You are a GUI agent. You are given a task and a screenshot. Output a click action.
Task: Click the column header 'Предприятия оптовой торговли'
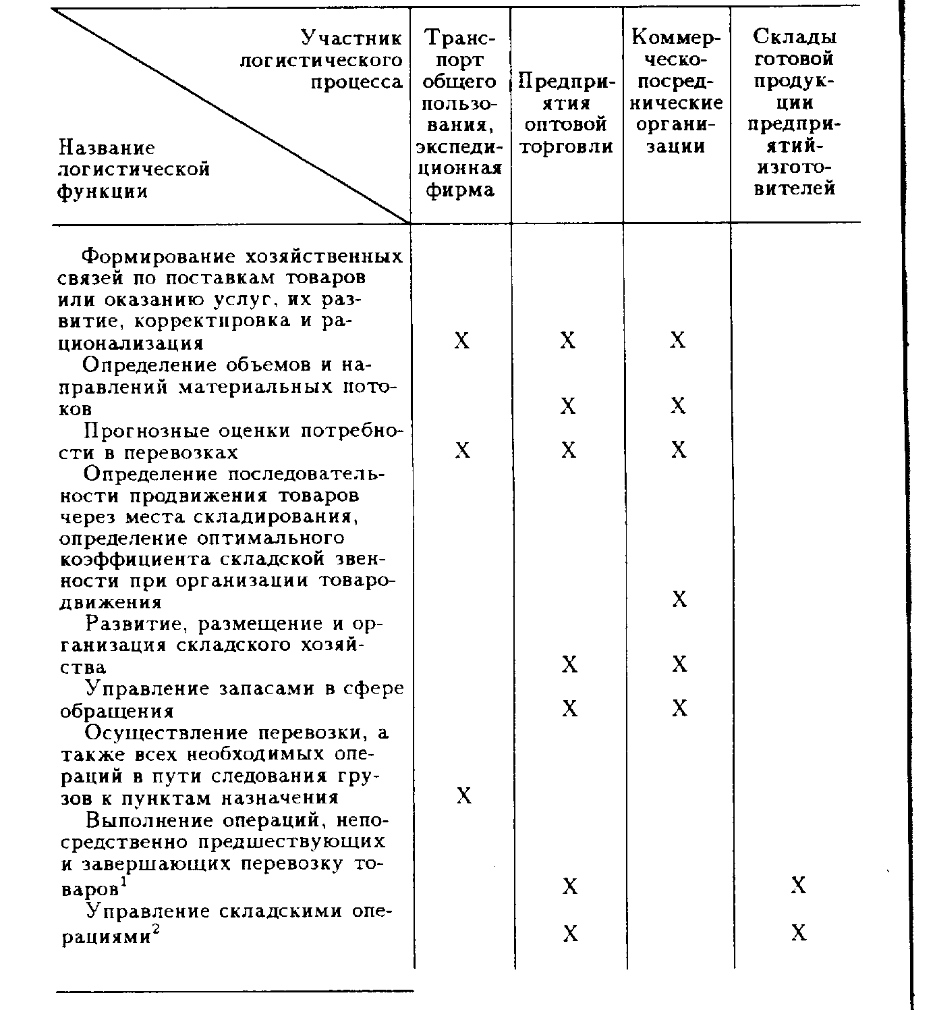(567, 114)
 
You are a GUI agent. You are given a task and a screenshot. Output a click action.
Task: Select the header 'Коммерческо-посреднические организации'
(677, 92)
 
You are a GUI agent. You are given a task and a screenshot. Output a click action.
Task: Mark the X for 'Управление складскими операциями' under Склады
(799, 934)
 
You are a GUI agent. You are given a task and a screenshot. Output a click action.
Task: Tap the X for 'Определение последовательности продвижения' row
(679, 600)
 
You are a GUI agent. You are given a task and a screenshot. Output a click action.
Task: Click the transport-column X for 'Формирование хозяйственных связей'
(462, 340)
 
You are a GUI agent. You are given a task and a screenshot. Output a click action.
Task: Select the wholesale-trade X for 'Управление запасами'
(570, 709)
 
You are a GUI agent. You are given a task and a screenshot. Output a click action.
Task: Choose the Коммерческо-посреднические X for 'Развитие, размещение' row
(679, 665)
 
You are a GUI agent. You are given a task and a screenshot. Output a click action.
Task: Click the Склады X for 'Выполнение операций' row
(799, 886)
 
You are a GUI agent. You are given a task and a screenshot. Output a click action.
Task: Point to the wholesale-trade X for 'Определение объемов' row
(569, 406)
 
